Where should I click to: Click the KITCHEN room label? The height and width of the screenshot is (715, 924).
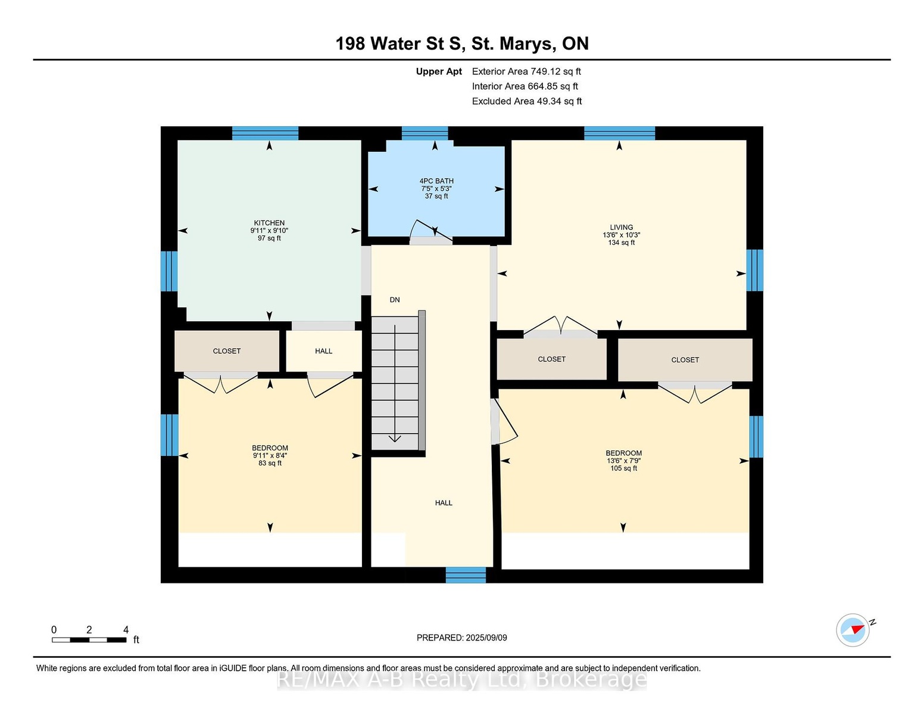[x=269, y=223]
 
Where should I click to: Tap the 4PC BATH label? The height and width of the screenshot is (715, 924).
[x=436, y=181]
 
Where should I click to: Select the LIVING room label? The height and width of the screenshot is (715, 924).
[x=621, y=228]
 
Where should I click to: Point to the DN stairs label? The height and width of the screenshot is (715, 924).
[x=395, y=300]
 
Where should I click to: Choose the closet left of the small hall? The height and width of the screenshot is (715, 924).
[x=227, y=351]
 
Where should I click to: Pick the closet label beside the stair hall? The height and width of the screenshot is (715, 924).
[x=551, y=359]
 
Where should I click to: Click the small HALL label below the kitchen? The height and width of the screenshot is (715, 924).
[x=324, y=351]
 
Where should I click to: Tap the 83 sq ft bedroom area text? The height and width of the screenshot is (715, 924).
[x=270, y=463]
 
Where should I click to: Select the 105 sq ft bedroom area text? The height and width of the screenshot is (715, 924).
[x=624, y=468]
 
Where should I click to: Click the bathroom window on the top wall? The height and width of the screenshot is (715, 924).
[x=425, y=133]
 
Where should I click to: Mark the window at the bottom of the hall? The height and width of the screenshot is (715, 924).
[x=466, y=574]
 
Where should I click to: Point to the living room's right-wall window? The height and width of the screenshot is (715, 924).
[x=755, y=270]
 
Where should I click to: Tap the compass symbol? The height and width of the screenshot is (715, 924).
[x=853, y=630]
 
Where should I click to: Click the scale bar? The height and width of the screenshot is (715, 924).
[x=89, y=640]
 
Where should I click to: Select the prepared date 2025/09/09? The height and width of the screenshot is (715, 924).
[x=486, y=638]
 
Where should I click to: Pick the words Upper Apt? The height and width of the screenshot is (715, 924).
[x=439, y=71]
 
